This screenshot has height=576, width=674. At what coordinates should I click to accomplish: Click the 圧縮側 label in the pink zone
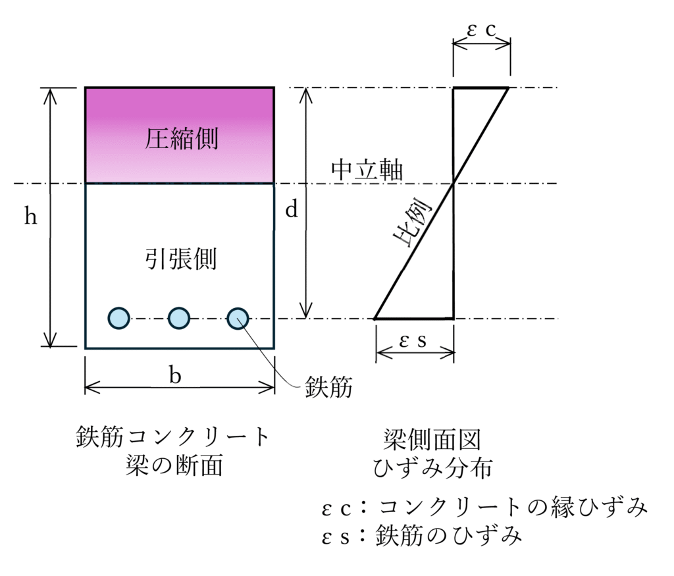point(180,139)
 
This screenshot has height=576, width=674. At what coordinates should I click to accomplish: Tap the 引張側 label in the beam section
point(180,259)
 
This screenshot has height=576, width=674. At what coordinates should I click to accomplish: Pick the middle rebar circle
point(179,319)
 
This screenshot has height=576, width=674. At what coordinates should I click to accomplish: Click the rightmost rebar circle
point(238,319)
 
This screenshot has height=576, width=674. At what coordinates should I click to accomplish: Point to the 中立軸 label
point(367,170)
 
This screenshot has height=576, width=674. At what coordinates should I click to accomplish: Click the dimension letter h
point(30,217)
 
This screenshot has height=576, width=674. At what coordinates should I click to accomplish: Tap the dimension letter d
point(291,209)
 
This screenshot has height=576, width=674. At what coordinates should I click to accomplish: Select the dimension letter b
point(174,375)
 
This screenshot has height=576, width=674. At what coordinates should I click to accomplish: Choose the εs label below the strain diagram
point(413,342)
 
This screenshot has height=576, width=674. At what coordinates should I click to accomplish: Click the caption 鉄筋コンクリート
point(173,436)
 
